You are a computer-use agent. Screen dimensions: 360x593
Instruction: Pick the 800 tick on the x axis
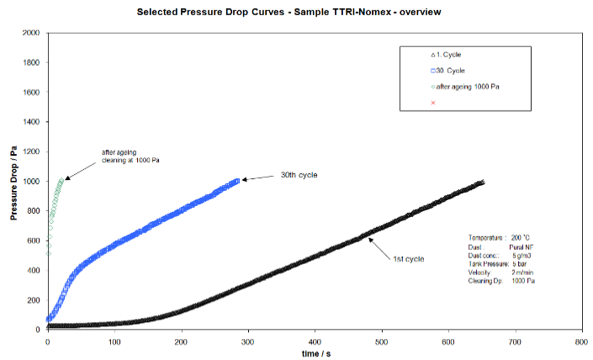point(580,341)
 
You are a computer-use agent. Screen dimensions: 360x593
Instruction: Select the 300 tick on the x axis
point(247,341)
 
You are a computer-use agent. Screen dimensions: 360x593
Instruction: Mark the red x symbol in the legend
point(433,103)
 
